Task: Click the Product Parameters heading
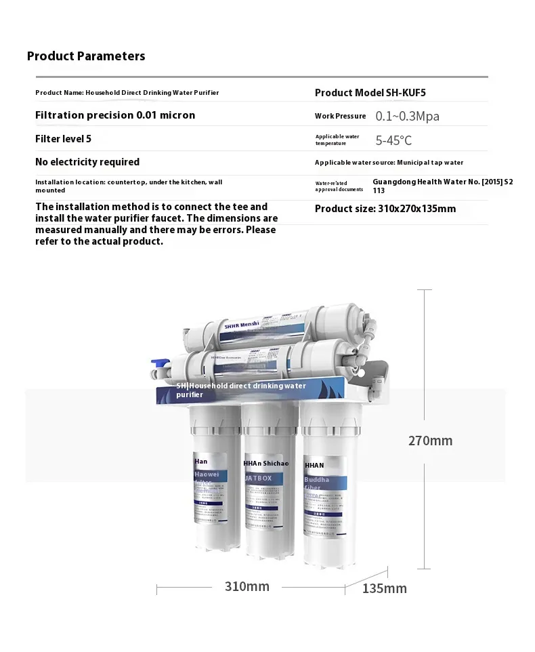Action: coord(86,56)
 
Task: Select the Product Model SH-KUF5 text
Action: coord(370,93)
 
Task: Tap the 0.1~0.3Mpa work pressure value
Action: coord(407,116)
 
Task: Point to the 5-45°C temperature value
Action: coord(393,141)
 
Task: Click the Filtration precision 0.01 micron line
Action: coord(115,115)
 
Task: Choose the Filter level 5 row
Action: coord(63,139)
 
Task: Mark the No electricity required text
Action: coord(87,162)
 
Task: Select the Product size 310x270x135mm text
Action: coord(385,209)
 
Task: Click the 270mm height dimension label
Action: coord(430,441)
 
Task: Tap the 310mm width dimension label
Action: coord(247,586)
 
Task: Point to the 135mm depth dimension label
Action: coord(385,588)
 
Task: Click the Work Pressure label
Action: coord(340,116)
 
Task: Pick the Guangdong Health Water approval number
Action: coord(443,186)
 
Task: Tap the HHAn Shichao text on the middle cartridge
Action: coord(265,464)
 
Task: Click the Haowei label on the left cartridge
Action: coord(207,475)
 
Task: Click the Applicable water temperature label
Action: coord(337,140)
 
